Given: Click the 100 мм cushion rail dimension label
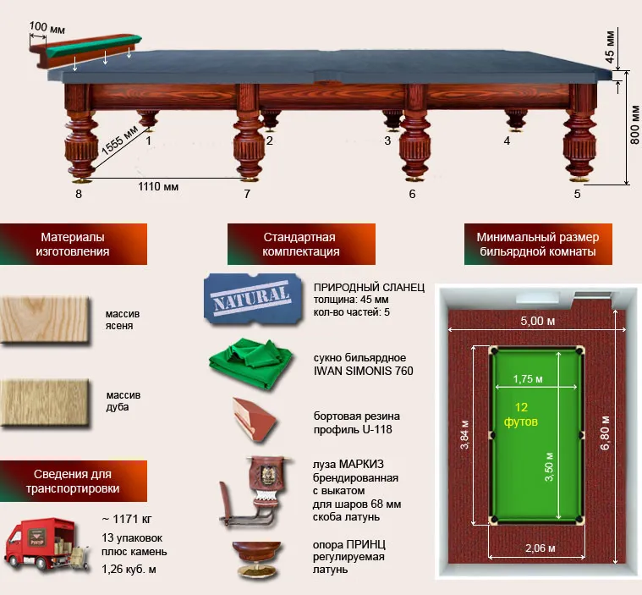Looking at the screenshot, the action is click(47, 27).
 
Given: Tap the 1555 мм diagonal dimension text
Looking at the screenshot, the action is click(119, 140).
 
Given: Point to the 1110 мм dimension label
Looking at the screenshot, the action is click(158, 187).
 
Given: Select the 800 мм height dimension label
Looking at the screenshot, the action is click(634, 125).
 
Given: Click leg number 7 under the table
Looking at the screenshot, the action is click(247, 194).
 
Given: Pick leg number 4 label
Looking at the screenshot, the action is click(507, 141).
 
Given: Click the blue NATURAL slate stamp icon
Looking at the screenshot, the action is click(253, 299).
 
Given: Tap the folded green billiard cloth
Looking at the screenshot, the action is click(251, 363).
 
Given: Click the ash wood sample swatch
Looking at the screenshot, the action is click(45, 320).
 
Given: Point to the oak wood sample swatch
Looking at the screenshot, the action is click(45, 403).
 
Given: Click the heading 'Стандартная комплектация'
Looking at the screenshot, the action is click(301, 245).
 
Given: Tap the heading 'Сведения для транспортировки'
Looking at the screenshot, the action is click(73, 481).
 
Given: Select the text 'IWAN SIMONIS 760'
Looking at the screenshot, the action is click(363, 371).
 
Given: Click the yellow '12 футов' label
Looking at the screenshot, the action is click(521, 414).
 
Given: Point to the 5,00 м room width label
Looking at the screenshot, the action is click(538, 321).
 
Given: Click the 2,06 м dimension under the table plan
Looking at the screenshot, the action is click(540, 548).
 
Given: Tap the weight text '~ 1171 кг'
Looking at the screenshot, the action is click(127, 519).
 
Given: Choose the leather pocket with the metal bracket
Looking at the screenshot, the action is click(257, 491).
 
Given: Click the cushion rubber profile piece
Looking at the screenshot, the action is click(254, 419).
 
